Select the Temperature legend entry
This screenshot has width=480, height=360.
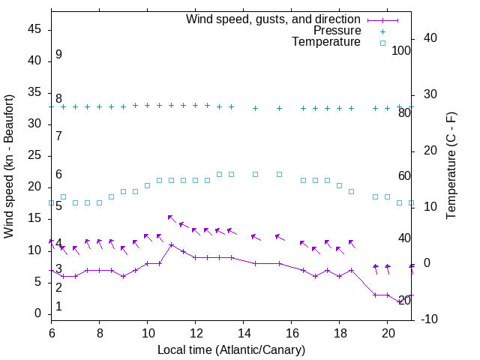[326, 43]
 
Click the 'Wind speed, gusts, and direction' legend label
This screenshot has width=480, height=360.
[273, 19]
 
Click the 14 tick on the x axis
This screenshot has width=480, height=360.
[244, 331]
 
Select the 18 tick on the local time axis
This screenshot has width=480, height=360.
[340, 331]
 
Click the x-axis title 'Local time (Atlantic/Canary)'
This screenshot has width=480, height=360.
[231, 349]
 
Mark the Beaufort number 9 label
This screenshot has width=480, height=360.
[58, 55]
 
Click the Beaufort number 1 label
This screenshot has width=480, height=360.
[58, 307]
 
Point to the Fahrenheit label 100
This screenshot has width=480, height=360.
[401, 50]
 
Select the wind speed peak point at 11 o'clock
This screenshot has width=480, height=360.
[172, 244]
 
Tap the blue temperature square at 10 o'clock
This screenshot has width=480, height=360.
[148, 185]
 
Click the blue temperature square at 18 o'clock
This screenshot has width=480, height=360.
[340, 185]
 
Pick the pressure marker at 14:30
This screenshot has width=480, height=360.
[256, 108]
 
